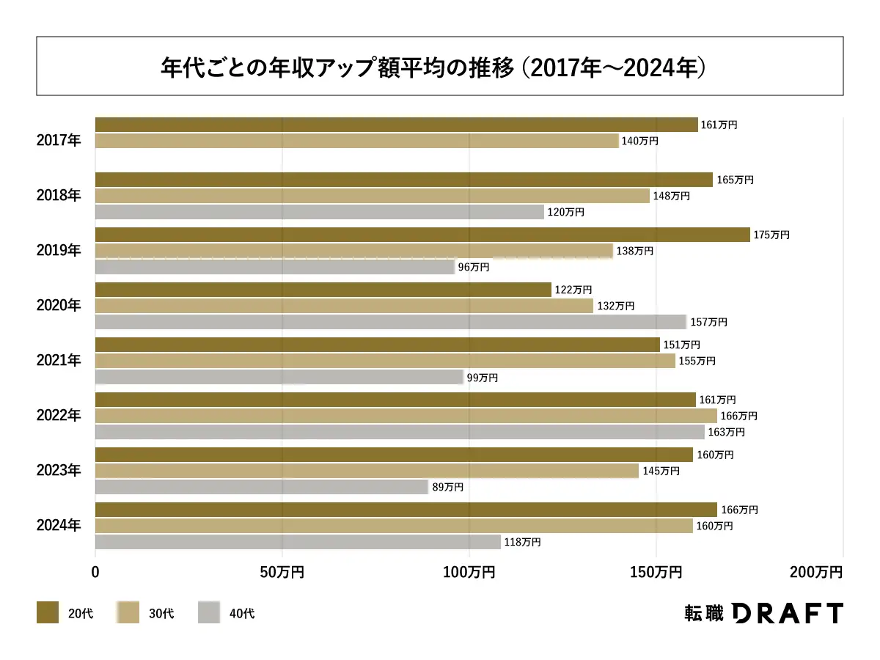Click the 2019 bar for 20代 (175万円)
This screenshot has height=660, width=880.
(422, 235)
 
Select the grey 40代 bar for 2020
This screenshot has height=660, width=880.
(391, 322)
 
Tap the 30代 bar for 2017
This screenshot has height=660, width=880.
(357, 141)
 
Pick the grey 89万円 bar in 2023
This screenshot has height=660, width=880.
(262, 487)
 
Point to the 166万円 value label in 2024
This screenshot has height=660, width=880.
(738, 510)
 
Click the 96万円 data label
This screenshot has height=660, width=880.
(474, 268)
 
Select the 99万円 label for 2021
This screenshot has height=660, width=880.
(483, 378)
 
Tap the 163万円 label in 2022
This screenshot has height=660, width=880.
(726, 432)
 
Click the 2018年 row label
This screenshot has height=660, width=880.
(59, 196)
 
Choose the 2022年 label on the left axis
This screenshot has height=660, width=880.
(59, 416)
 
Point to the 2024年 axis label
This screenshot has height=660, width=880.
(59, 526)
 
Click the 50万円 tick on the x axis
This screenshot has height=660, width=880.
(282, 572)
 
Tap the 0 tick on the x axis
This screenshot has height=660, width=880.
(95, 572)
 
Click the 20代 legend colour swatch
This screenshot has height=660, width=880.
(48, 612)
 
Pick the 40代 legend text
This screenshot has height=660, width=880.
(242, 613)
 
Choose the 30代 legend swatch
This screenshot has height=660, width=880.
(128, 612)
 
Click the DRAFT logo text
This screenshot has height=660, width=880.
(788, 613)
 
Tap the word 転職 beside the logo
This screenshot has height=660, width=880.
(703, 613)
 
